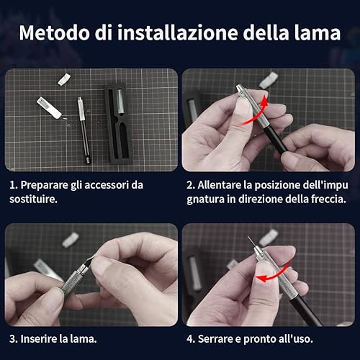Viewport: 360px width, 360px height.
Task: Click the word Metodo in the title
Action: [x=55, y=33]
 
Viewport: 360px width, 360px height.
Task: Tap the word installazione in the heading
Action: [x=178, y=33]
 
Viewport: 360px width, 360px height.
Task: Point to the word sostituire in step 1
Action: [x=32, y=199]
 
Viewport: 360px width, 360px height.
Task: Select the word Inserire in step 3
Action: [x=39, y=339]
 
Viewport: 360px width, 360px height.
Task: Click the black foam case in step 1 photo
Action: [x=118, y=125]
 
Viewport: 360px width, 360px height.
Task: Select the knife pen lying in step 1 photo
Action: [x=84, y=130]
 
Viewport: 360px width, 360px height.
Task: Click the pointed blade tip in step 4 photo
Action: [x=248, y=237]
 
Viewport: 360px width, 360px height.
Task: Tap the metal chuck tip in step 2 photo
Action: [x=240, y=89]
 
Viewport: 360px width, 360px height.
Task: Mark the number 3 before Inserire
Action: [x=13, y=339]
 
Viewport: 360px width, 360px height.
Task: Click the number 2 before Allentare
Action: [x=189, y=185]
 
